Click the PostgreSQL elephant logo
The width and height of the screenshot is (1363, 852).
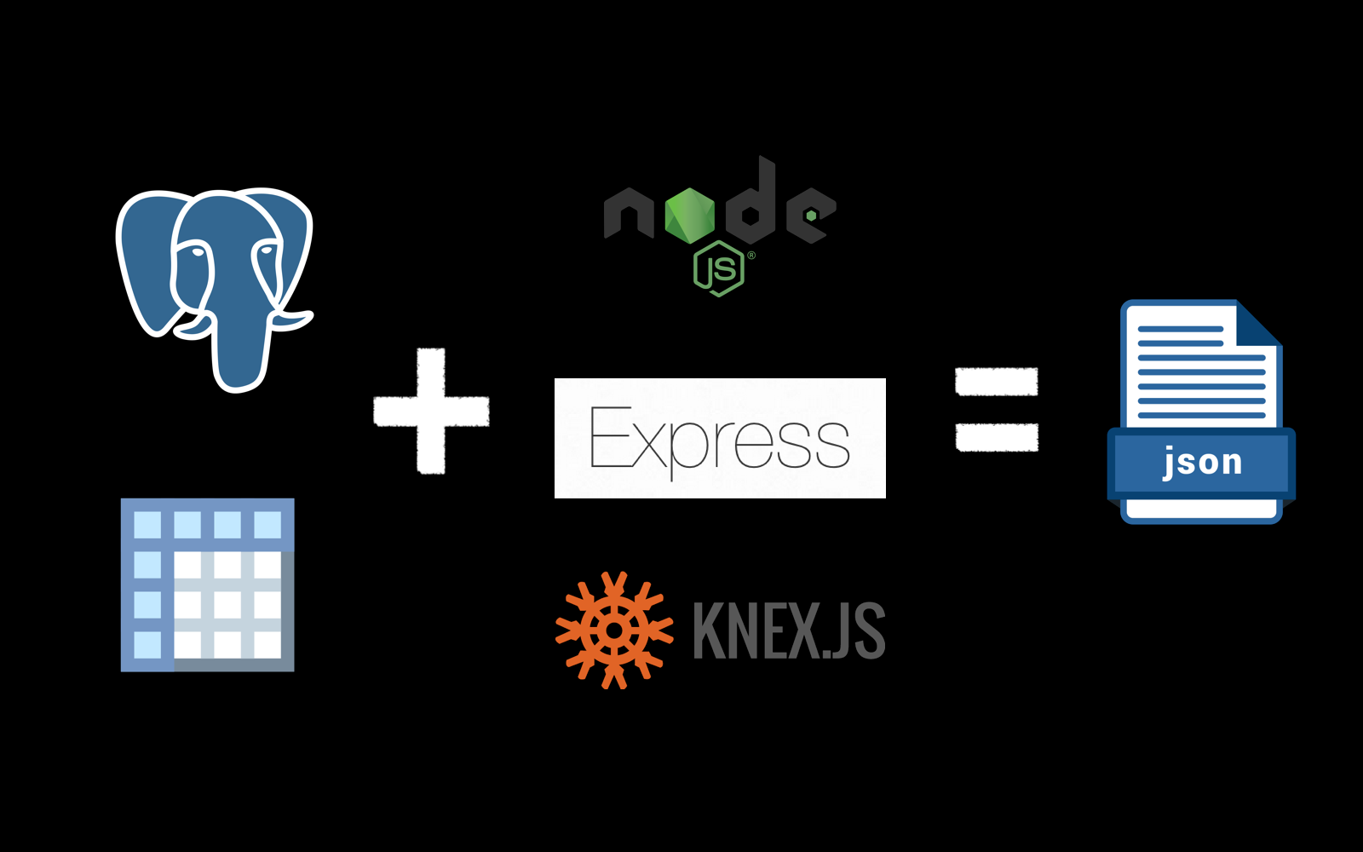[x=215, y=285]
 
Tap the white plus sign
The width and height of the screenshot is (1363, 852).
[x=431, y=411]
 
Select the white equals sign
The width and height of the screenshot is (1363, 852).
[x=997, y=409]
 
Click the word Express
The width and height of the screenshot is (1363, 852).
[x=720, y=440]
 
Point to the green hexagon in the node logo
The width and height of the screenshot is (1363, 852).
[x=690, y=215]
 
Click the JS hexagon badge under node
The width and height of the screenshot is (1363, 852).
[x=719, y=268]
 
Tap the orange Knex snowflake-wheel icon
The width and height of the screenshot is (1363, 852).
[x=613, y=630]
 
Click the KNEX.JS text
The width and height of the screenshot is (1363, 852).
[x=789, y=630]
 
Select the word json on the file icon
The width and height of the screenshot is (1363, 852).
[x=1202, y=461]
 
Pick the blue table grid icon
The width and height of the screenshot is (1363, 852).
[x=208, y=584]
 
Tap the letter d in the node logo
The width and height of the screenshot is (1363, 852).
[x=752, y=204]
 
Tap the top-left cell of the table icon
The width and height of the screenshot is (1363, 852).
[x=147, y=524]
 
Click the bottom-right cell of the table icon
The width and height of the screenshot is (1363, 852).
[x=267, y=643]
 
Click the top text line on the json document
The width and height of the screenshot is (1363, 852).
[x=1180, y=329]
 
